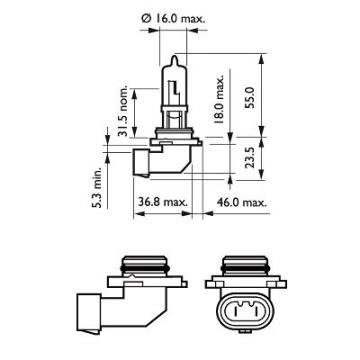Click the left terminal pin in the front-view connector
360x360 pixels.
(232, 313)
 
